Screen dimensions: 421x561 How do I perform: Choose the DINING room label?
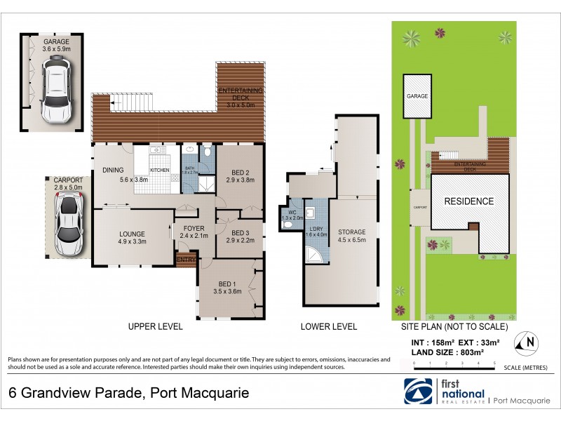(114, 169)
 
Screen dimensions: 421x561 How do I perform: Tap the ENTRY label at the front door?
(187, 260)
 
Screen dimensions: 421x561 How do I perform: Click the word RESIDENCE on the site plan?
(468, 201)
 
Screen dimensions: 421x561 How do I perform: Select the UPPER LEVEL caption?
(155, 326)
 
